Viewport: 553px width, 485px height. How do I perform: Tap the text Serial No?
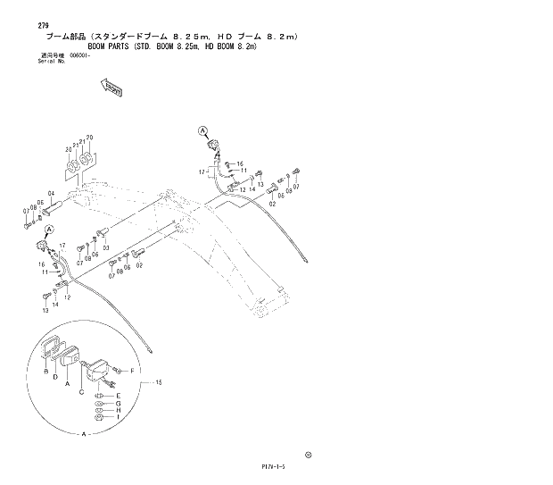53,62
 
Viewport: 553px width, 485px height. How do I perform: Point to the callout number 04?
52,194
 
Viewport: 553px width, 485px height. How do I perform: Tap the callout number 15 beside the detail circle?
159,383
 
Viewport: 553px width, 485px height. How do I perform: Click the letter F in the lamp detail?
132,370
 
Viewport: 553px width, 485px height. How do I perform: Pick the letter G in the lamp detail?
118,403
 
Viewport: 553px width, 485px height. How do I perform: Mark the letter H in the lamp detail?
118,410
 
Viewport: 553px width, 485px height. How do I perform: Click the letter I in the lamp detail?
118,418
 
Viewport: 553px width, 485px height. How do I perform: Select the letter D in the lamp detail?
55,378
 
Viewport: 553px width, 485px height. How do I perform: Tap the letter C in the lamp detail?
82,392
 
